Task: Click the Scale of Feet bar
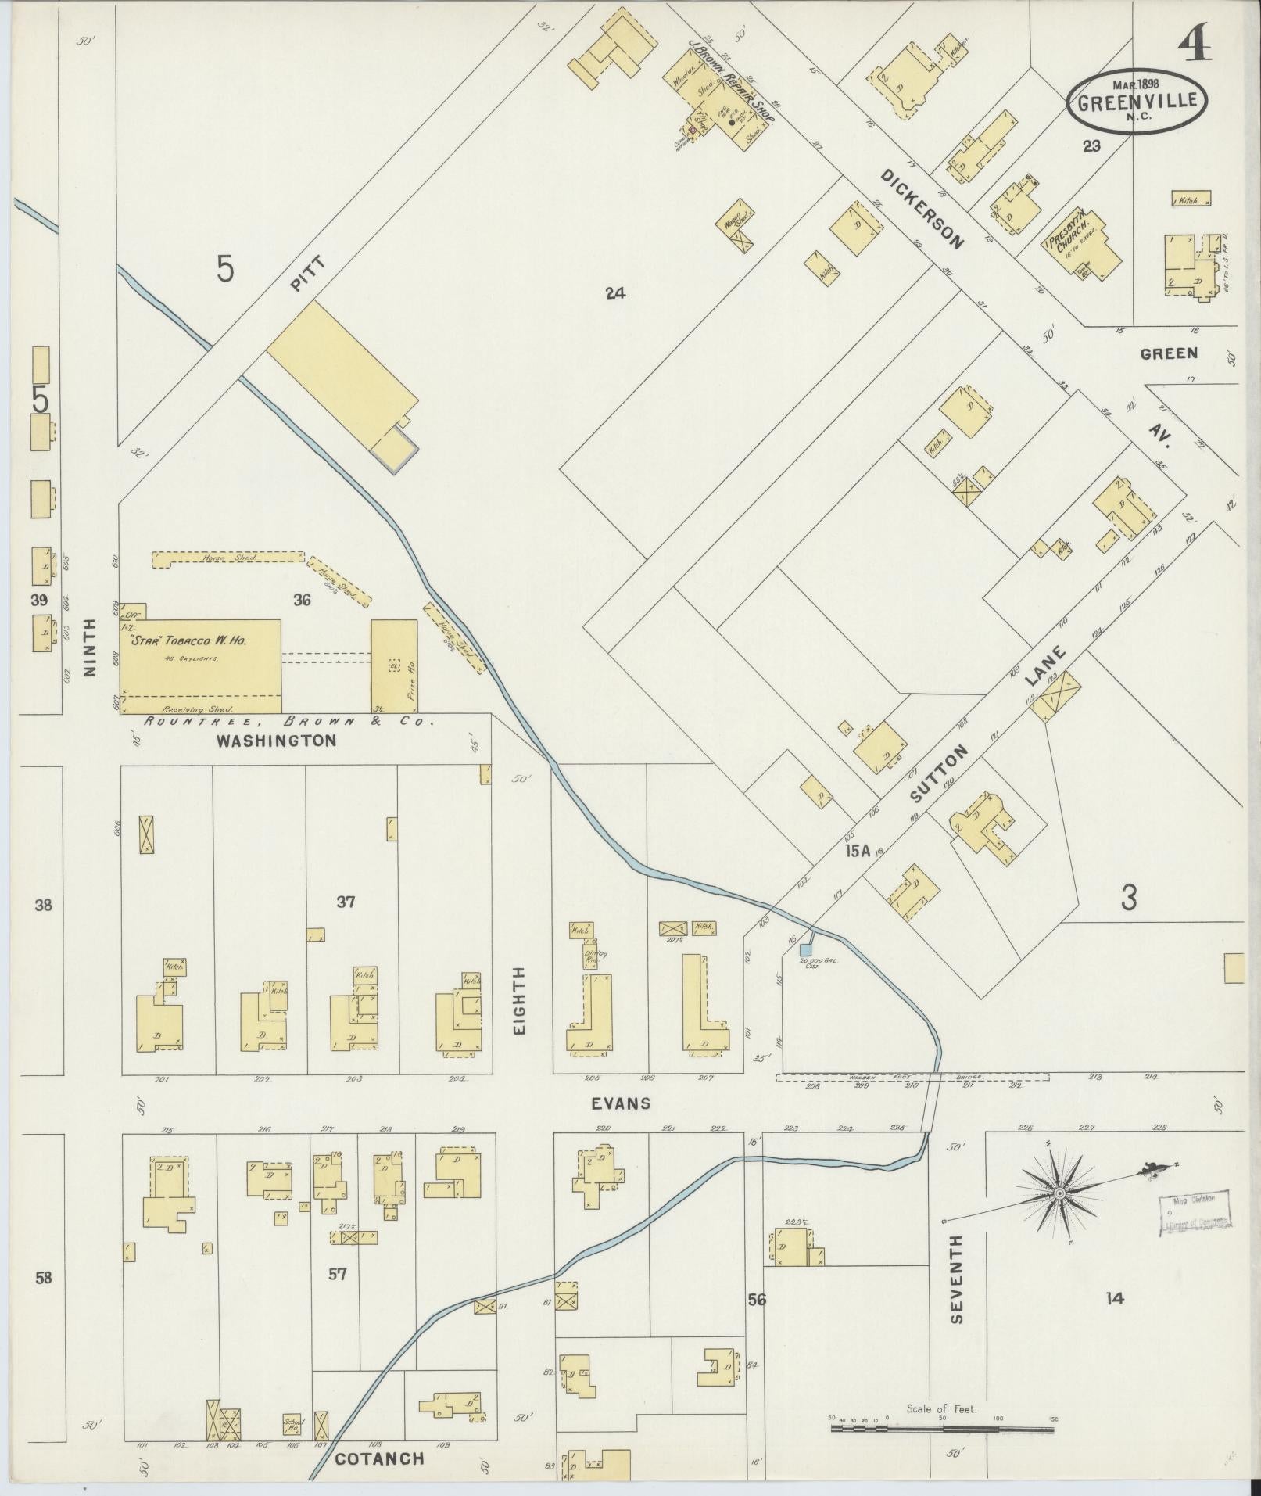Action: click(943, 1428)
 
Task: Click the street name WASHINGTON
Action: click(276, 740)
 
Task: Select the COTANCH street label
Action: click(379, 1458)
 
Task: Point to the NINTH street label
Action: click(90, 648)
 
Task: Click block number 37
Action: click(346, 902)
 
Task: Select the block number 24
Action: click(615, 294)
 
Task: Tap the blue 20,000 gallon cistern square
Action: click(804, 949)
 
